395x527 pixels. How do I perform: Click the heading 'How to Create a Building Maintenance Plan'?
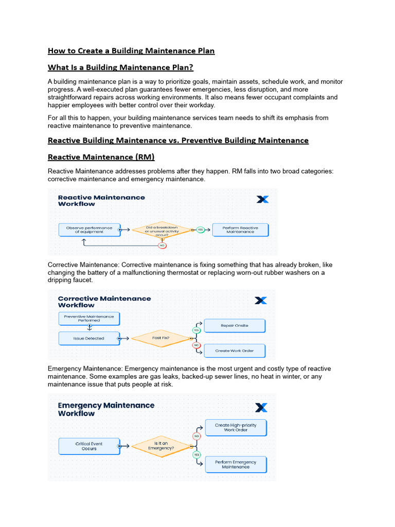pos(131,50)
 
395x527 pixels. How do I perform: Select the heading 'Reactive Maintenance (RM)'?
pos(101,157)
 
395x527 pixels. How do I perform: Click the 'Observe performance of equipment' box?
pos(89,230)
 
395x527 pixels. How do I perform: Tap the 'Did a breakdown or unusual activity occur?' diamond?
pos(161,230)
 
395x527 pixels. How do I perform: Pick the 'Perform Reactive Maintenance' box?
pos(240,230)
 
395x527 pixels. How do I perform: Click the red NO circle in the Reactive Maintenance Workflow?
pos(162,245)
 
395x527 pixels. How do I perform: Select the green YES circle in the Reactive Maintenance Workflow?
pos(201,230)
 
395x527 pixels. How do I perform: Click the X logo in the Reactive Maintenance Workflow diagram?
pos(262,199)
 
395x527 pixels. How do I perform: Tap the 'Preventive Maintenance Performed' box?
pos(89,319)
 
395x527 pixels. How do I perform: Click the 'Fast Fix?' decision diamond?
pos(160,338)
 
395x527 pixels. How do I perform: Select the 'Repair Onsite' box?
pos(235,326)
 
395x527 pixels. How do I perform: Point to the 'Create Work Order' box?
pos(235,351)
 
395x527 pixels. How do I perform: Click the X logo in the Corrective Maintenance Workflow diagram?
pos(261,300)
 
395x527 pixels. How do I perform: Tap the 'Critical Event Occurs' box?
pos(88,446)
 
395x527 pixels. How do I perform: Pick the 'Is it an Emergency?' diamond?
pos(160,446)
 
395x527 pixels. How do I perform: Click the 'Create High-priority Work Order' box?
pos(236,428)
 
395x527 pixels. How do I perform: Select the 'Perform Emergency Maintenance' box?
pos(236,465)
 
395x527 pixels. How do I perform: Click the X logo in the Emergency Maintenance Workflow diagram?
pos(261,408)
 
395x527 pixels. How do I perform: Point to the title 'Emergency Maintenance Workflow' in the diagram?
pos(106,409)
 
